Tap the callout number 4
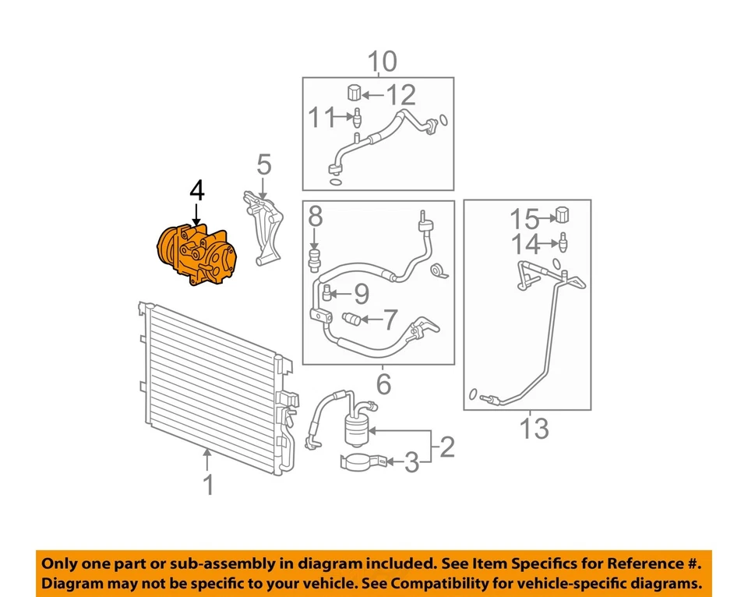click(x=196, y=190)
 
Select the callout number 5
click(x=264, y=164)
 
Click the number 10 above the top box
click(x=381, y=61)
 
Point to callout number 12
click(x=402, y=96)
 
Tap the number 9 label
click(x=361, y=294)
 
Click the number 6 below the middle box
click(x=383, y=383)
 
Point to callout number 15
click(x=524, y=219)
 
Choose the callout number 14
click(x=524, y=245)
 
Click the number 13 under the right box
click(x=535, y=428)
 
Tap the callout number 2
click(x=446, y=447)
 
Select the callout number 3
click(x=411, y=464)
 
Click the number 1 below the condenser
click(x=208, y=486)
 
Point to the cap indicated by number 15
click(x=563, y=214)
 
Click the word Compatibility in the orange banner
click(x=524, y=584)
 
